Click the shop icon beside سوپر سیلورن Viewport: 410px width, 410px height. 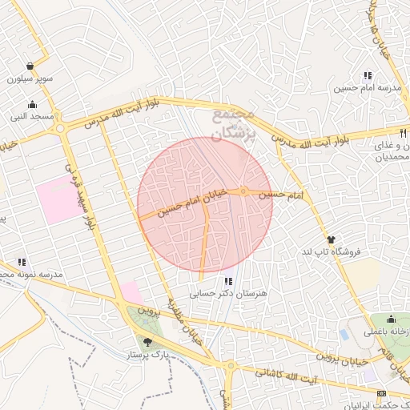pyautogui.click(x=30, y=66)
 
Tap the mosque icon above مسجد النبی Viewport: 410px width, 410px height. pyautogui.click(x=32, y=103)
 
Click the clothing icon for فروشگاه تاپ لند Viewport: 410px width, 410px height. pyautogui.click(x=331, y=239)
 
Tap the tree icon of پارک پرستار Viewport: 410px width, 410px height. pyautogui.click(x=147, y=342)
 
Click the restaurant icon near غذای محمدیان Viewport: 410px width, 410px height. pyautogui.click(x=403, y=134)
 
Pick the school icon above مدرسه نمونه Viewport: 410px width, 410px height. pyautogui.click(x=22, y=262)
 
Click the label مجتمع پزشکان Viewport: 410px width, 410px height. pyautogui.click(x=235, y=123)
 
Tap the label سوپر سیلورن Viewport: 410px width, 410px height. pyautogui.click(x=30, y=79)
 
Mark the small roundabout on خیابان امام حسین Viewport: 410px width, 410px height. pyautogui.click(x=243, y=191)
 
